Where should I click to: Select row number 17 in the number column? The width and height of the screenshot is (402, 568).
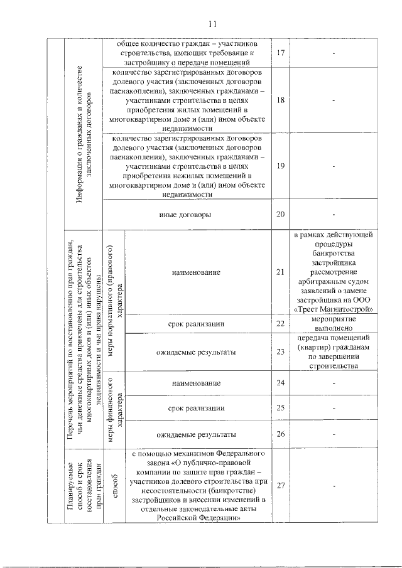click(281, 53)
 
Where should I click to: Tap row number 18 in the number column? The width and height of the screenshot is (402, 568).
click(281, 100)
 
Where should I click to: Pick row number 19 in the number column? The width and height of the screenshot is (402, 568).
click(281, 166)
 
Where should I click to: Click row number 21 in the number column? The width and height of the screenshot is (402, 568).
click(281, 272)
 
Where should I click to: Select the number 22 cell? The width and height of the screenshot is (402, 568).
click(281, 323)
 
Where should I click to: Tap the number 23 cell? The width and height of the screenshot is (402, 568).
click(281, 352)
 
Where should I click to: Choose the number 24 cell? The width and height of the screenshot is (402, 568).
click(281, 383)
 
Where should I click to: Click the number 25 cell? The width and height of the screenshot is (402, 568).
click(281, 408)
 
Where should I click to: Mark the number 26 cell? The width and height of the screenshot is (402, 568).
click(281, 434)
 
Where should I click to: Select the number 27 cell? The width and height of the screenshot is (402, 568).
click(281, 485)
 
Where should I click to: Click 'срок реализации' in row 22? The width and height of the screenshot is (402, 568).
click(197, 323)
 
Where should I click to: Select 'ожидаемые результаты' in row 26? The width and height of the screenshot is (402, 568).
click(197, 434)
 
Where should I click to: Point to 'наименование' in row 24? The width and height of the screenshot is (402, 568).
click(197, 383)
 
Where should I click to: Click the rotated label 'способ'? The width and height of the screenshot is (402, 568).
click(115, 485)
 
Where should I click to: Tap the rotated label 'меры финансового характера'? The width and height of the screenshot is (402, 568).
click(115, 409)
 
